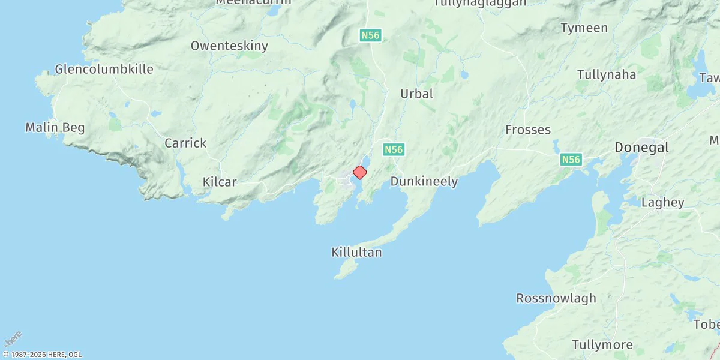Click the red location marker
click(359, 172)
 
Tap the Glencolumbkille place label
click(104, 69)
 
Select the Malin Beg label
click(55, 127)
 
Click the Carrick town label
click(185, 143)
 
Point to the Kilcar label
click(220, 182)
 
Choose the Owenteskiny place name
click(229, 46)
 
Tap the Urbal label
click(416, 94)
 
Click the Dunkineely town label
click(424, 181)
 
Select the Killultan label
click(356, 252)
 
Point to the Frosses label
click(528, 130)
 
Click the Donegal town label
click(641, 148)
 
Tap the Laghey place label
click(662, 202)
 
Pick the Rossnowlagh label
click(556, 298)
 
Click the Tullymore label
click(602, 344)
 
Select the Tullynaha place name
click(606, 75)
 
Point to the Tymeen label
click(584, 28)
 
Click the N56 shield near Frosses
click(571, 160)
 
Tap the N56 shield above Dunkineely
click(394, 149)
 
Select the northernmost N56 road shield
click(370, 35)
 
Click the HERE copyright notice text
click(41, 355)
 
